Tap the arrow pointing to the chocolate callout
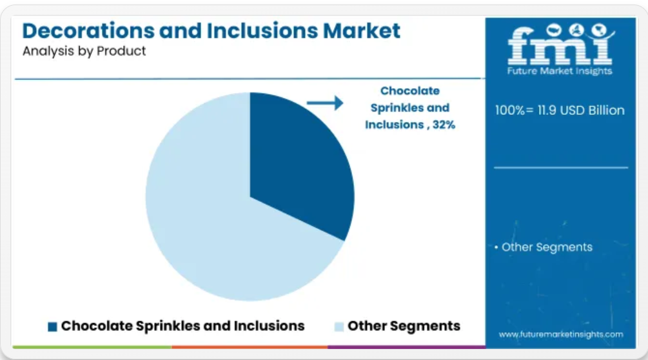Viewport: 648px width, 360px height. tap(325, 103)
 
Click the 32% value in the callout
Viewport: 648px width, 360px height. tap(444, 125)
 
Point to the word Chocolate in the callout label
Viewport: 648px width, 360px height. tap(410, 90)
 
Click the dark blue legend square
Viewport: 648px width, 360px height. tap(52, 327)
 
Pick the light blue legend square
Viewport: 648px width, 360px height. tap(339, 327)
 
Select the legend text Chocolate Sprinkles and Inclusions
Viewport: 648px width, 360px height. tap(182, 326)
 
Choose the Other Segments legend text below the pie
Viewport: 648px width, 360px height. tap(404, 326)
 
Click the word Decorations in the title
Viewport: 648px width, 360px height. tap(88, 30)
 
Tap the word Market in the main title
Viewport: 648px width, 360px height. tap(362, 30)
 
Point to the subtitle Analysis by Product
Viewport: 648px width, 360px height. tap(84, 51)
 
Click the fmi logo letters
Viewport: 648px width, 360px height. tap(560, 45)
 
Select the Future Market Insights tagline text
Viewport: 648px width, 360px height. tap(560, 71)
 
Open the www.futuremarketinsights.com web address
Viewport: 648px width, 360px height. tap(561, 334)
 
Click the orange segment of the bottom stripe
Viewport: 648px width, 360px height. tap(250, 347)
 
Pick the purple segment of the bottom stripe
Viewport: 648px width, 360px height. tap(407, 347)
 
